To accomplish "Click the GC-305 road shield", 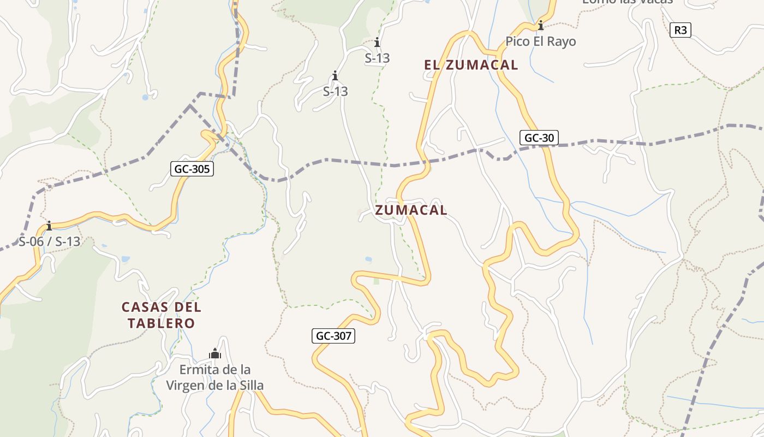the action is tap(192, 169).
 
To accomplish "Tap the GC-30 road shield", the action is tap(539, 138).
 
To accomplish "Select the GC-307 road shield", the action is tap(334, 336).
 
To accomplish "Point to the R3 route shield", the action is tap(681, 30).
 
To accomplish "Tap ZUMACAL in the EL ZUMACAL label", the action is tap(481, 65).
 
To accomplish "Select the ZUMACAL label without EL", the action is tap(411, 210).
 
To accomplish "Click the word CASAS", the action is tap(145, 307).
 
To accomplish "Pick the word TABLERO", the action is tap(162, 323).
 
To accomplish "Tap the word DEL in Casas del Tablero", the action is tap(187, 307).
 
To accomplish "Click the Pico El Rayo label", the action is tap(540, 42).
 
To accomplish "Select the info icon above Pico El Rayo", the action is tap(541, 25).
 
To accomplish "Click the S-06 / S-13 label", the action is tap(49, 241).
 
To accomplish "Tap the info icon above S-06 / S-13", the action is tap(49, 226).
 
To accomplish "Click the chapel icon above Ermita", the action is tap(215, 354).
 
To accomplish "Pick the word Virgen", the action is tap(186, 386).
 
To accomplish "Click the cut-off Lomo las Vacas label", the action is tap(628, 2).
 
